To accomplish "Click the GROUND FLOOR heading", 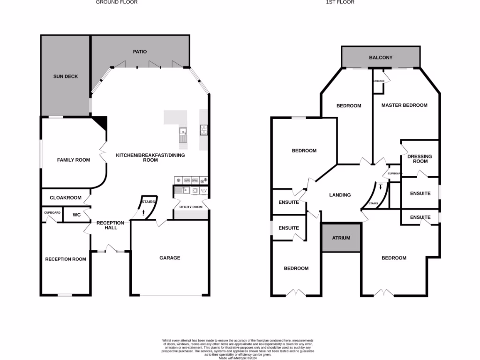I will pyautogui.click(x=117, y=2).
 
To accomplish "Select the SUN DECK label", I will pyautogui.click(x=66, y=76).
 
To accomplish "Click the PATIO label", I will pyautogui.click(x=140, y=52).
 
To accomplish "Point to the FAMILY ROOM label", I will pyautogui.click(x=73, y=160).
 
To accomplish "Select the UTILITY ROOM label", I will pyautogui.click(x=191, y=207).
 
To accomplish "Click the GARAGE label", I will pyautogui.click(x=170, y=258).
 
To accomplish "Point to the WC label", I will pyautogui.click(x=76, y=215).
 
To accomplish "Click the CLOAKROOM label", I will pyautogui.click(x=66, y=198).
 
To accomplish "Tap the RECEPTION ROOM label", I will pyautogui.click(x=66, y=259).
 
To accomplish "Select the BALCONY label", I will pyautogui.click(x=381, y=58).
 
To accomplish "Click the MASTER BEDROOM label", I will pyautogui.click(x=404, y=105).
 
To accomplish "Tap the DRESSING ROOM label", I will pyautogui.click(x=420, y=159).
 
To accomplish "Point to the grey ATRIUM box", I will pyautogui.click(x=341, y=238).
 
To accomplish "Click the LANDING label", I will pyautogui.click(x=340, y=195).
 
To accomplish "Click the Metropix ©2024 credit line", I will pyautogui.click(x=238, y=357).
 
